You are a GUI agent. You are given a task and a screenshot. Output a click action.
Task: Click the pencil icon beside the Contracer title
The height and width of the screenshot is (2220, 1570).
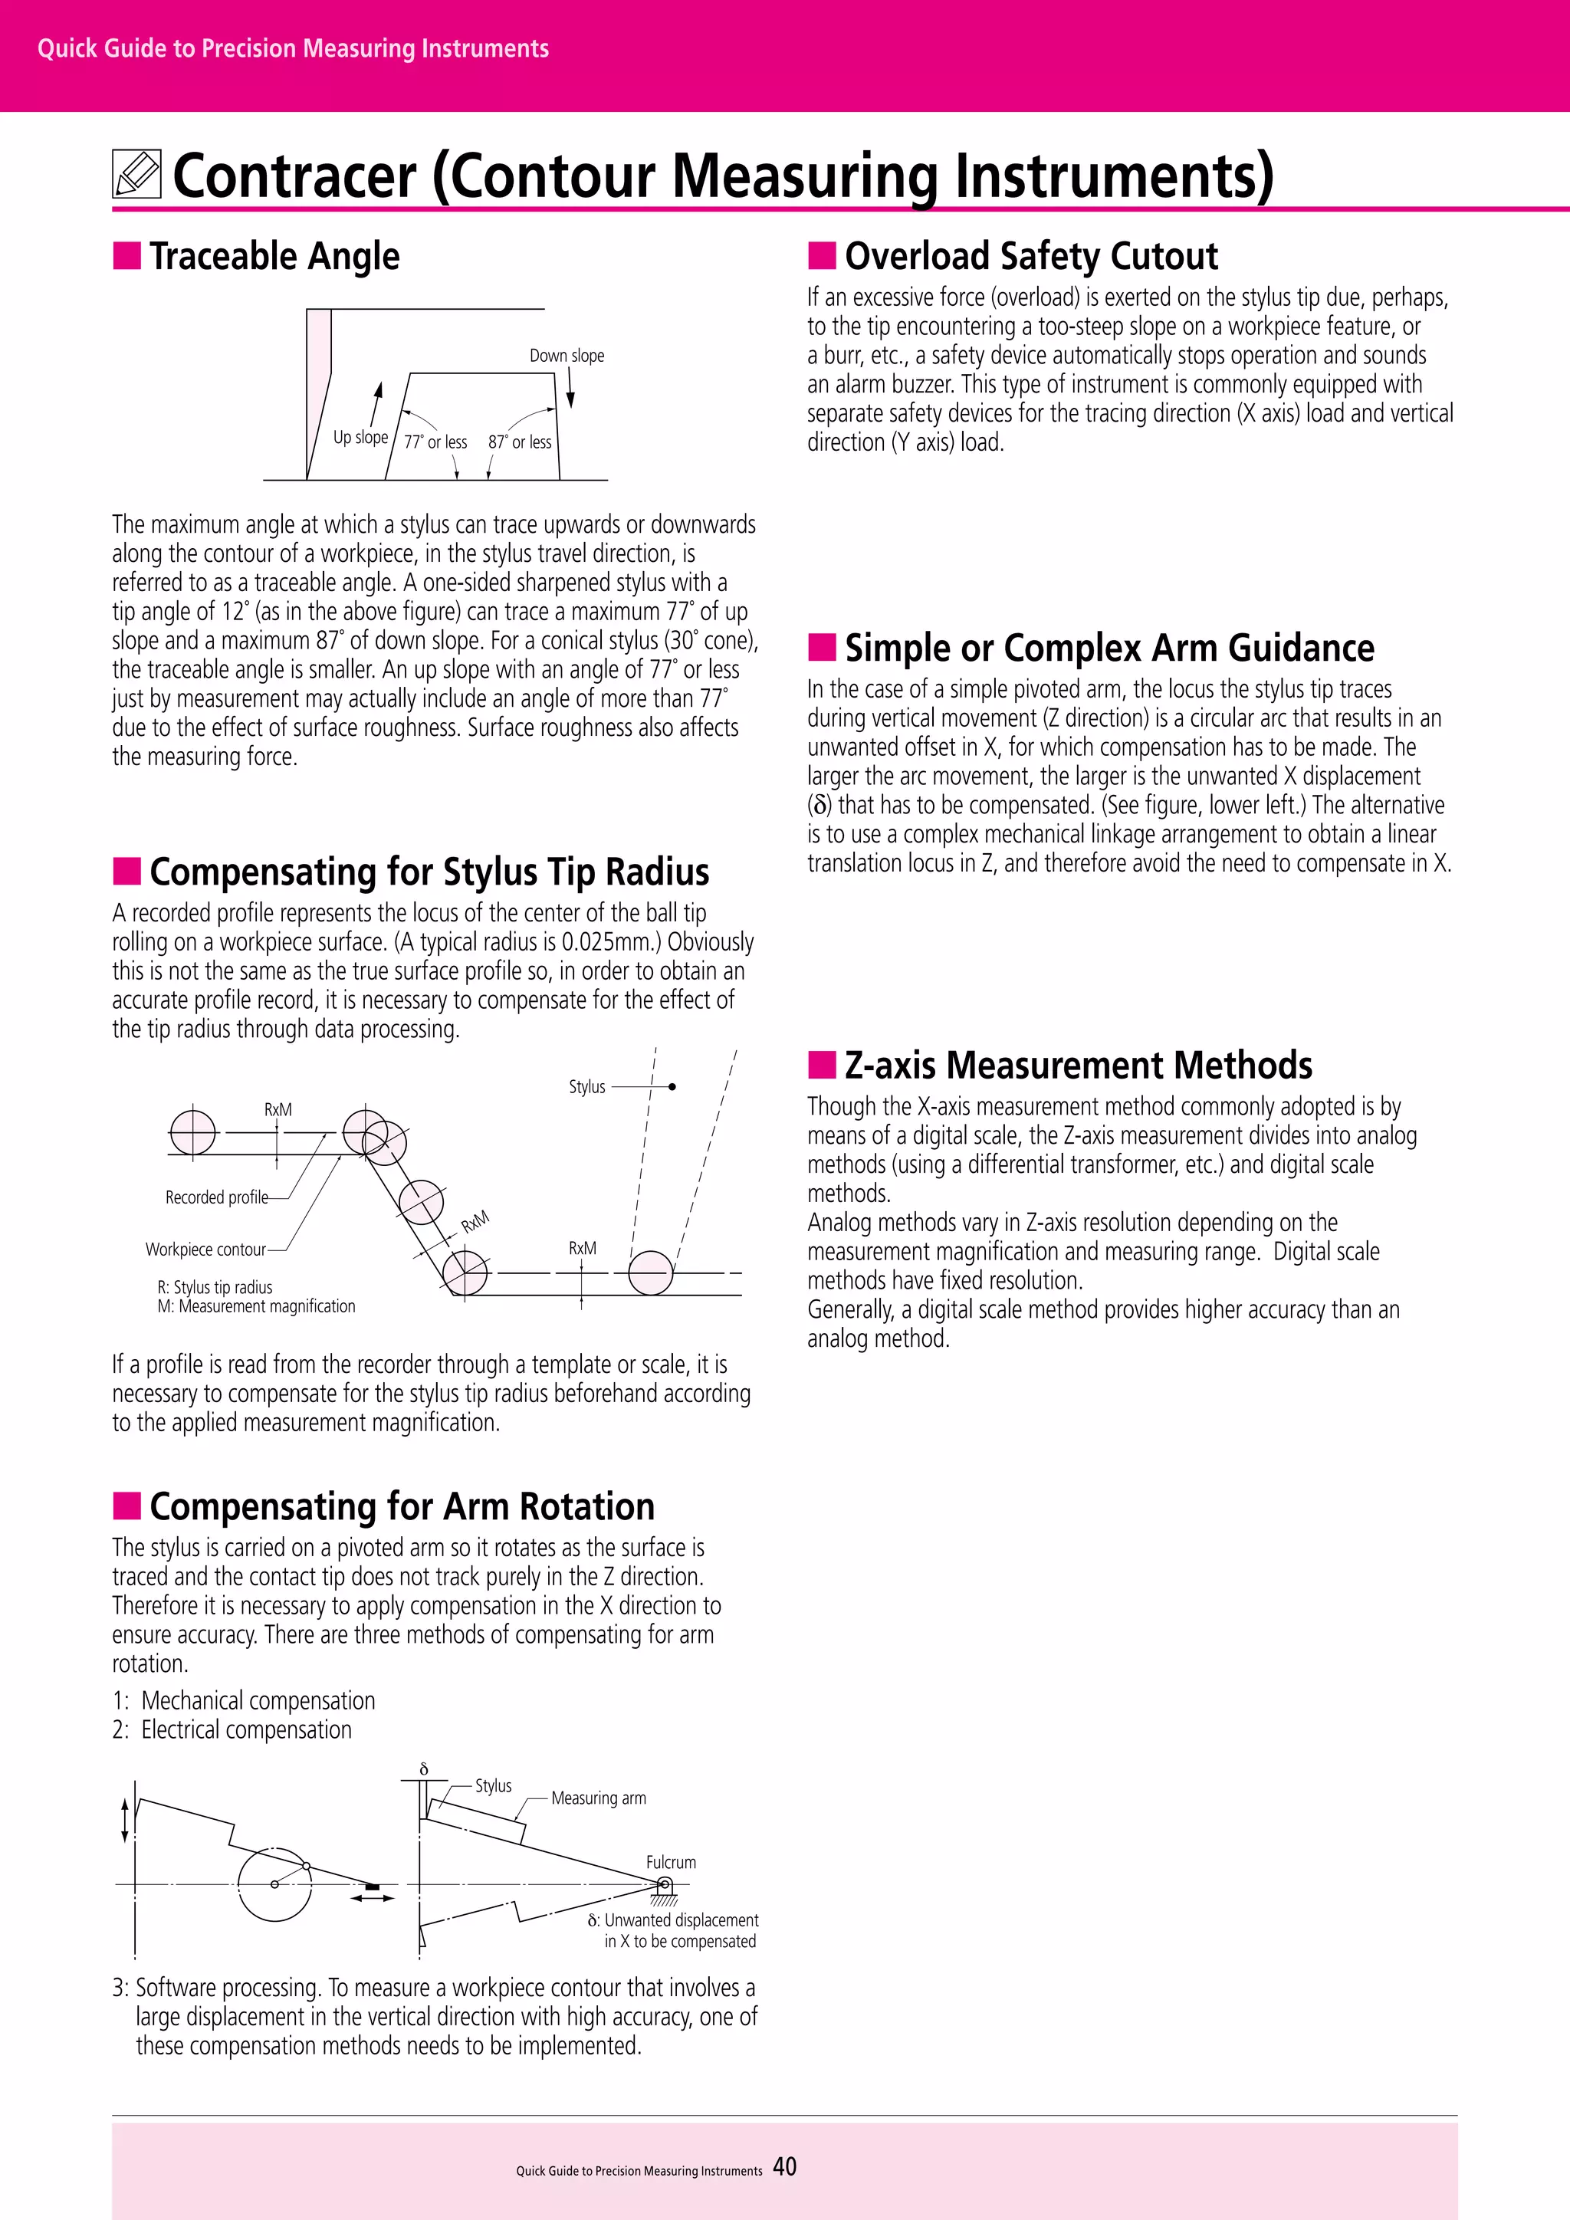click(136, 174)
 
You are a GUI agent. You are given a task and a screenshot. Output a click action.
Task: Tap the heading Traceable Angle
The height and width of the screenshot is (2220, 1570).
click(274, 256)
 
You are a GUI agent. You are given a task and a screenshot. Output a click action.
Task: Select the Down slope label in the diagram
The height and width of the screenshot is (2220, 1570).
click(567, 356)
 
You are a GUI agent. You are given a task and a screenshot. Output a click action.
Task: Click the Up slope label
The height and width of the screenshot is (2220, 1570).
click(360, 437)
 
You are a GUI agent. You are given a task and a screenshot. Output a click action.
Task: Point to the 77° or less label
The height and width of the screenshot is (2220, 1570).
click(435, 442)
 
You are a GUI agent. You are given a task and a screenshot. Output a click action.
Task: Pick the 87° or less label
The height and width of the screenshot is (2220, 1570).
click(519, 442)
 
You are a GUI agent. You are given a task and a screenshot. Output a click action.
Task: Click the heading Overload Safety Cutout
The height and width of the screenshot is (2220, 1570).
click(1030, 256)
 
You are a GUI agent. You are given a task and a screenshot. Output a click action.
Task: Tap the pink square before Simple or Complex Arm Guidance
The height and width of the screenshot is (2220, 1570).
click(822, 647)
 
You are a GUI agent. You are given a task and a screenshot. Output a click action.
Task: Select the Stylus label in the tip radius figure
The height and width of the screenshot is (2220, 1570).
click(586, 1087)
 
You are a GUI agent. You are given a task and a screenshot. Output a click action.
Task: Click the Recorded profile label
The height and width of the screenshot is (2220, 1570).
click(216, 1197)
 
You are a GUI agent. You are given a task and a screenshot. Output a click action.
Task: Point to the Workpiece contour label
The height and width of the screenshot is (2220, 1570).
click(205, 1250)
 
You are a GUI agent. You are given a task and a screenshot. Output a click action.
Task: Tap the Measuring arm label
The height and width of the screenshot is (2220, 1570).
click(599, 1798)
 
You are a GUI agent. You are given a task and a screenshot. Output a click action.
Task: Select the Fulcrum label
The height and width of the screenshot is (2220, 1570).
click(671, 1862)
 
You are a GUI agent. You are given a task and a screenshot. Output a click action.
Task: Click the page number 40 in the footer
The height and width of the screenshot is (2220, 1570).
click(785, 2167)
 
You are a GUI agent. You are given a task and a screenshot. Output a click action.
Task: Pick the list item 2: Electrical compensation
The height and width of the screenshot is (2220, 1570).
click(232, 1730)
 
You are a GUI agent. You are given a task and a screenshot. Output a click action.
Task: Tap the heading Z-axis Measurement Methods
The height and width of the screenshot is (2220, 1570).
click(1078, 1066)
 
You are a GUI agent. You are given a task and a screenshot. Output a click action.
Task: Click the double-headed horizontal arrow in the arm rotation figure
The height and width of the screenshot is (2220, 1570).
click(373, 1898)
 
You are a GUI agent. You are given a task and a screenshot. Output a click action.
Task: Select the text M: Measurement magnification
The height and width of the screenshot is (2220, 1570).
click(256, 1306)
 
